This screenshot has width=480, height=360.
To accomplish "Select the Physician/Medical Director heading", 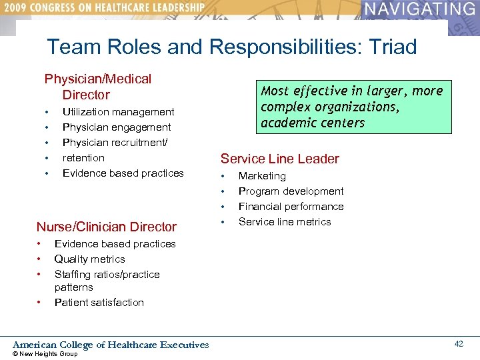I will [97, 87].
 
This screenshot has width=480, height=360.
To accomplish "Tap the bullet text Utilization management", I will [118, 112].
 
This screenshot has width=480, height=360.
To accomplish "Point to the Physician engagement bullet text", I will [117, 127].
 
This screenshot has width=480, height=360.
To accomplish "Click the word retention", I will [83, 158].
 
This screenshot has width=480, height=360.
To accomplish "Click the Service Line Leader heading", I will [280, 159].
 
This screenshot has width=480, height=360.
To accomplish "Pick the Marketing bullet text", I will [262, 176].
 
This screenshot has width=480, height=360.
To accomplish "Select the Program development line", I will [291, 191].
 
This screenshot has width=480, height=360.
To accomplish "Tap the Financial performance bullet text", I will [291, 207].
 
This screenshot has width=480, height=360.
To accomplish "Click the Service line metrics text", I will [285, 222].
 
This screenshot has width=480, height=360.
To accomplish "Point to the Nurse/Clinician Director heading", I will [107, 227].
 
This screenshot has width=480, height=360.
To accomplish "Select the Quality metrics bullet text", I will [89, 259].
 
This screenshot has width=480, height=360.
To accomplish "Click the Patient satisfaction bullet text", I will [99, 303].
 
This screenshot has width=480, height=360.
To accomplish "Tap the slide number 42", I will [459, 343].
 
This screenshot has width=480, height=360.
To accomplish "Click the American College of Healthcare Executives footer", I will [111, 345].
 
